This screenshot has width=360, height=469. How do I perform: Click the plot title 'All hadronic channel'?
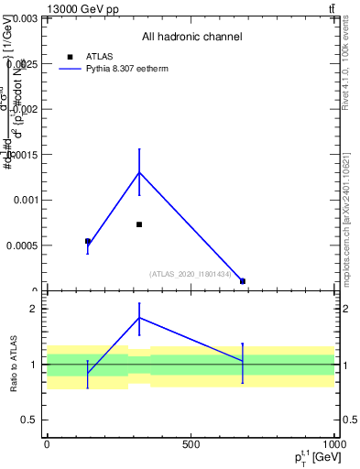pos(191,38)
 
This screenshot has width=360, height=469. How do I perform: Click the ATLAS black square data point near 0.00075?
pos(139,224)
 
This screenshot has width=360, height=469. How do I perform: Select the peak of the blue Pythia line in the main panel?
pos(139,172)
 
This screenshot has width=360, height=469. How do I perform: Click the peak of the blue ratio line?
pos(139,318)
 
